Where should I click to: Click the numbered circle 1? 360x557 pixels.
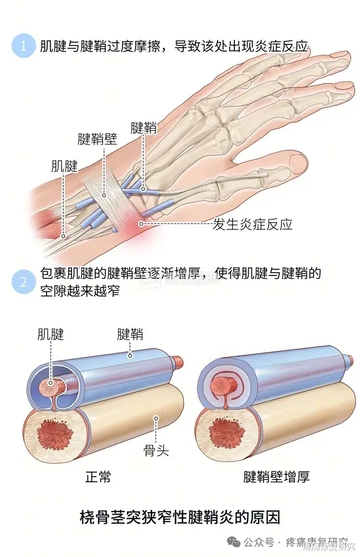23,46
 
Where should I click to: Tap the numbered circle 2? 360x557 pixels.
23,282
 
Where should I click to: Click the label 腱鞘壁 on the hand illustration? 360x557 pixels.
97,139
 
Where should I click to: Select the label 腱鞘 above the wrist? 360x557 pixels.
143,128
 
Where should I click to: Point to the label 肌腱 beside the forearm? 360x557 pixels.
64,165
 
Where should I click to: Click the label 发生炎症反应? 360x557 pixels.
253,224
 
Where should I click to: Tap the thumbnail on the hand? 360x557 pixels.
299,163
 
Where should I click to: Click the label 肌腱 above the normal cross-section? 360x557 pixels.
51,334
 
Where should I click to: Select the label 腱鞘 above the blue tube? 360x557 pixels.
130,334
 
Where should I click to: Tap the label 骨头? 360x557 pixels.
156,451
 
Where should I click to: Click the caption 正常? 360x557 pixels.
98,477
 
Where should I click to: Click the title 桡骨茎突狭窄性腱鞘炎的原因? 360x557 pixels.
180,518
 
